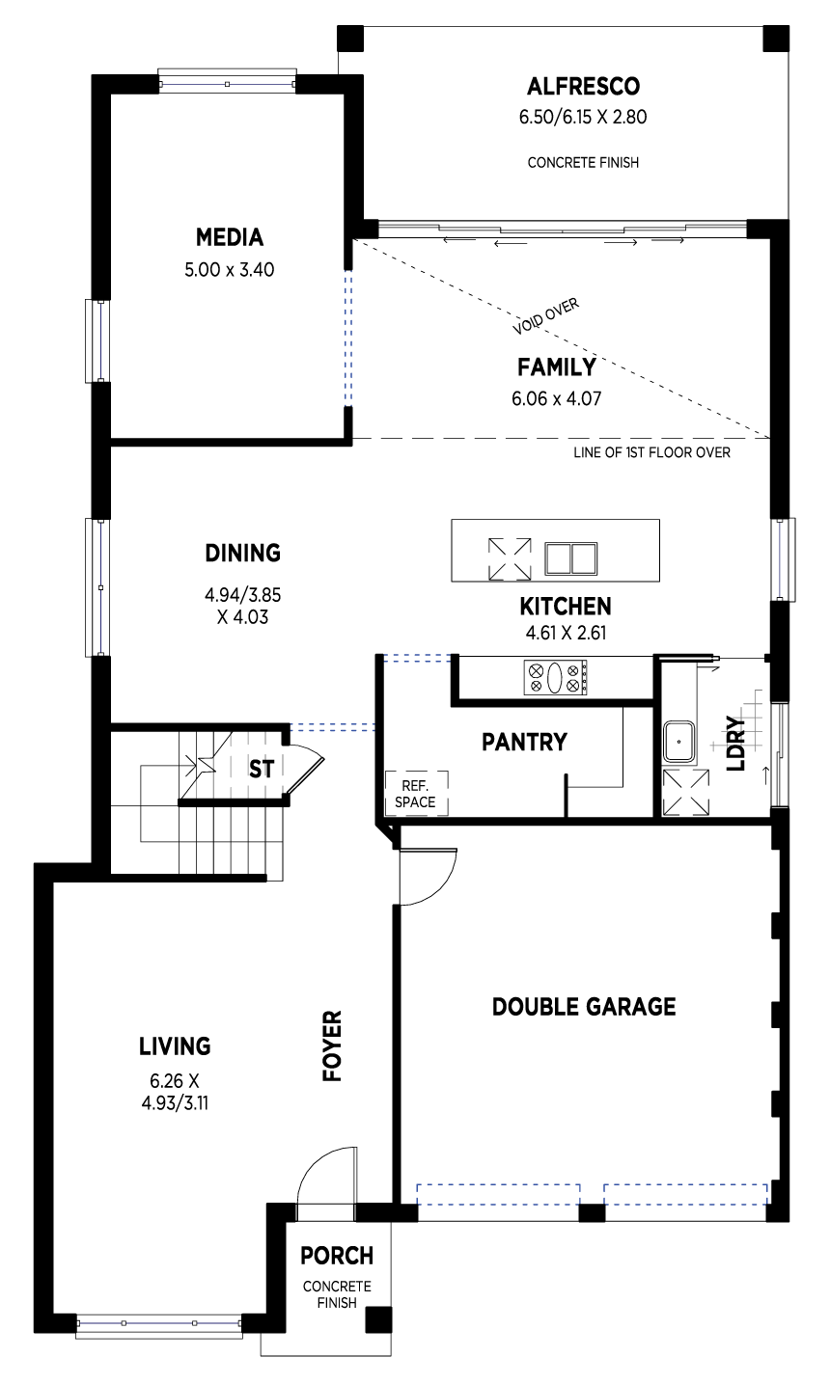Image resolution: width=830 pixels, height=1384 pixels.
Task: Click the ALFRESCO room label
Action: coord(583,87)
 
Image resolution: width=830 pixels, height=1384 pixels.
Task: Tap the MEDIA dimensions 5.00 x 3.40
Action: coord(230,269)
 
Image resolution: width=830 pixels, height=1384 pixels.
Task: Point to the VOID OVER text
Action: coord(545,315)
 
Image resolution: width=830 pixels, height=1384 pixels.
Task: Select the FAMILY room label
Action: coord(557,367)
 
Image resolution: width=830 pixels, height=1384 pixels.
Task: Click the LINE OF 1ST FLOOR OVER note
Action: coord(651,452)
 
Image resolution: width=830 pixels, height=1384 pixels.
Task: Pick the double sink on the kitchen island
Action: coord(570,558)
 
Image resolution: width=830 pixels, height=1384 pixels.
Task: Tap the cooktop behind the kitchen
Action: coord(555,678)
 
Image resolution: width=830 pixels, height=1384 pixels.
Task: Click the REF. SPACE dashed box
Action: coord(416,794)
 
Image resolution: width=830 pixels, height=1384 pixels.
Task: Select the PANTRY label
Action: coord(524,742)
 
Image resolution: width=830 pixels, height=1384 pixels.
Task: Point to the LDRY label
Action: coord(735,744)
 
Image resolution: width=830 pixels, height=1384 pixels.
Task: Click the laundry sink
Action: coord(679,742)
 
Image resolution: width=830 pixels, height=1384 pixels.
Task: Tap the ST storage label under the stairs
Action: coord(261,769)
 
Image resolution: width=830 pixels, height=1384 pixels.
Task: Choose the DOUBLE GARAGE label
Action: coord(584,1007)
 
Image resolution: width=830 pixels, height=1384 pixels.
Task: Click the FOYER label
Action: coord(332,1046)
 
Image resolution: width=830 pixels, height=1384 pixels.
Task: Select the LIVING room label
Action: coord(175,1046)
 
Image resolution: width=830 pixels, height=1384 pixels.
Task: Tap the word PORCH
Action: coord(337,1256)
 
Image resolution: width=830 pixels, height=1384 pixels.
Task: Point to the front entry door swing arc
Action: coord(316,1161)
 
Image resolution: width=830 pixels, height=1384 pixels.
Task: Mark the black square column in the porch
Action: coord(378,1319)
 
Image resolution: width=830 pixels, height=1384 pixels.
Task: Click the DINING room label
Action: coord(243,553)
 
